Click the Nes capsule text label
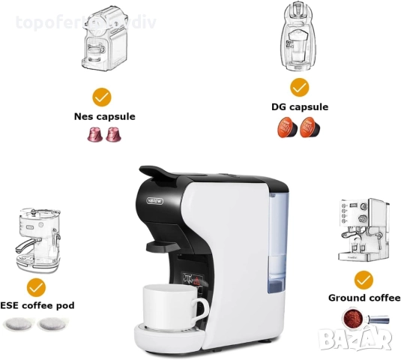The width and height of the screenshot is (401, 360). (104, 116)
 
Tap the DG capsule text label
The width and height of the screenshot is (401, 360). (299, 106)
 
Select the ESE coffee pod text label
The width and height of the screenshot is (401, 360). (37, 305)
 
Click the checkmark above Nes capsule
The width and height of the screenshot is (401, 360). (102, 97)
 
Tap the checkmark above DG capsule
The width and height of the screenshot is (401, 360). (299, 87)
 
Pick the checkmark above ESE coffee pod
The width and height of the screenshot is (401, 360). (35, 286)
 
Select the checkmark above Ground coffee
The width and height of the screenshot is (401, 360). (364, 280)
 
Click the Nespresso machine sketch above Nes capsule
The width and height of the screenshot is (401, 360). (103, 44)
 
